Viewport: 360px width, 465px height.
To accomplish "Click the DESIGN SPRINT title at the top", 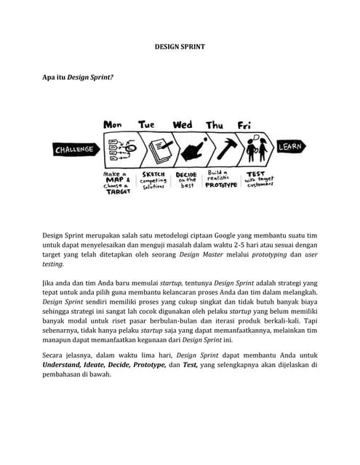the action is [180, 46].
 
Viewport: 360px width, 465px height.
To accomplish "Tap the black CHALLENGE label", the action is [74, 150].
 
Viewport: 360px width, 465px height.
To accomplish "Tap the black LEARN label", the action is [289, 147].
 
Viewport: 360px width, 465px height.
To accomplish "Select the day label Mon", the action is [113, 125].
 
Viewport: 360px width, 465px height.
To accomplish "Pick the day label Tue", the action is [147, 125].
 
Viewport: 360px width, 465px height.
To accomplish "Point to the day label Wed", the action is [183, 125].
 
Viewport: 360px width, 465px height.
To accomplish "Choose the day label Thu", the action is [215, 125].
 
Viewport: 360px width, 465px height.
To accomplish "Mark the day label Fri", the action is [244, 125].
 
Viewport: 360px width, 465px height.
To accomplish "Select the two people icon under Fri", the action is [255, 150].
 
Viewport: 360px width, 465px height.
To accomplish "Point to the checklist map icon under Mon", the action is [118, 148].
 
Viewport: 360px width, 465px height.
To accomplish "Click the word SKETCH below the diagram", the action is [153, 174].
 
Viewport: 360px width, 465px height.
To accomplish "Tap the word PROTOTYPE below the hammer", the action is [220, 185].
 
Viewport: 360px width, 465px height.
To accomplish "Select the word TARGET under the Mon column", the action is [117, 192].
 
